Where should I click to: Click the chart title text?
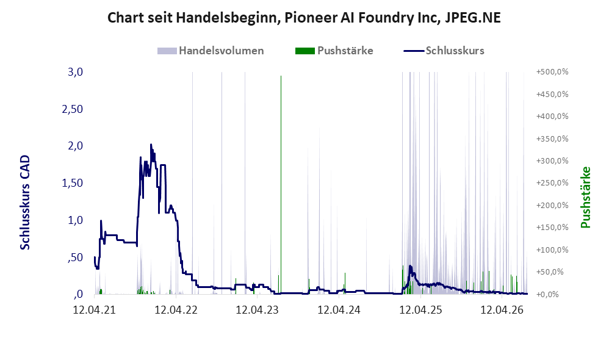pos(304,18)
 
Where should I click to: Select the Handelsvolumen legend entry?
pos(211,51)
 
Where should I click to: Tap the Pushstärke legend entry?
pos(334,51)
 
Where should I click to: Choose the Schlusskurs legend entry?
pos(444,51)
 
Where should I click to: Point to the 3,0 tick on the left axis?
pos(75,72)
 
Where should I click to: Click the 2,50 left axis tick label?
pos(73,109)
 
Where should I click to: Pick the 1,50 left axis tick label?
pos(73,183)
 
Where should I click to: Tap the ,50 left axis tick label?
pos(75,257)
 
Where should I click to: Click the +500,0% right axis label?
pos(552,72)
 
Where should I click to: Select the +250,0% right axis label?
pos(552,183)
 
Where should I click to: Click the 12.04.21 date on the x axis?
pos(95,310)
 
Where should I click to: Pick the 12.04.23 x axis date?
pos(258,310)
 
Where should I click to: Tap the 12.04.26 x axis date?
pos(502,310)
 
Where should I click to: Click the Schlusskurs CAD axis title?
pos(25,203)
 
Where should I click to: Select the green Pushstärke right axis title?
pos(585,197)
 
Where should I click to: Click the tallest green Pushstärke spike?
pos(281,185)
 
